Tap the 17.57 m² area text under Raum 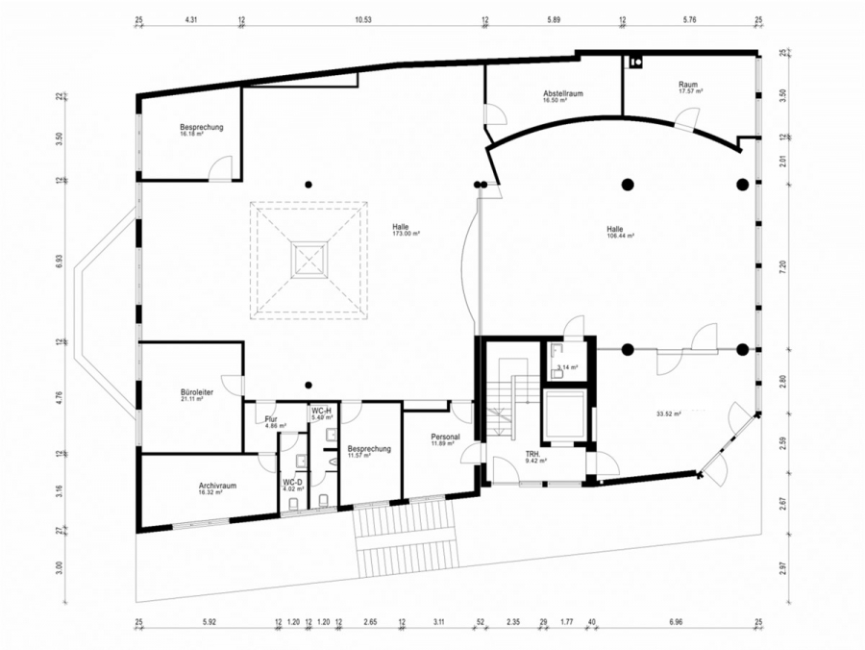tap(690, 91)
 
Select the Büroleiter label tap(196, 392)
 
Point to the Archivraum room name tap(205, 485)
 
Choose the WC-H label tap(321, 411)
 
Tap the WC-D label tap(293, 481)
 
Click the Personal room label tap(445, 437)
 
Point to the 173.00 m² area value tap(407, 234)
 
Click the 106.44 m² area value tap(621, 236)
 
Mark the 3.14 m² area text tap(565, 367)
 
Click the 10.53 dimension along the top tap(362, 19)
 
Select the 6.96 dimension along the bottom tap(675, 623)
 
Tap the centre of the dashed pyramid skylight tap(309, 260)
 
